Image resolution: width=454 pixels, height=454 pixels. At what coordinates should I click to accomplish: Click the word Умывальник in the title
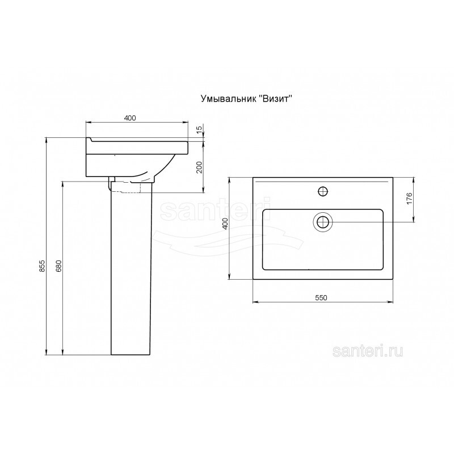pyautogui.click(x=228, y=99)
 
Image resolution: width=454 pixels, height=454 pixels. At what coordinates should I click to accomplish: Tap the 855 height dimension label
pyautogui.click(x=42, y=266)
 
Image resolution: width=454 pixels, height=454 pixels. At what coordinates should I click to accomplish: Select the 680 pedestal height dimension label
pyautogui.click(x=59, y=266)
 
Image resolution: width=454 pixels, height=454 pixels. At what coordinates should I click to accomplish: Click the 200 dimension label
pyautogui.click(x=199, y=167)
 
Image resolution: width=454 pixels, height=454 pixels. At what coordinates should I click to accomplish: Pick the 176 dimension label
pyautogui.click(x=409, y=198)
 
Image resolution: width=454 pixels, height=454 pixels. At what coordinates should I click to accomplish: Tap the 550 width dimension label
pyautogui.click(x=321, y=297)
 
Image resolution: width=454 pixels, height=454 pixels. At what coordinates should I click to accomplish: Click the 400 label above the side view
pyautogui.click(x=130, y=118)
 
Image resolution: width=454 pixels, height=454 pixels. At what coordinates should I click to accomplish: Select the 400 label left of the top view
pyautogui.click(x=225, y=224)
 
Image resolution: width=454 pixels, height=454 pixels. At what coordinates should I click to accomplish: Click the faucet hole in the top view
pyautogui.click(x=322, y=191)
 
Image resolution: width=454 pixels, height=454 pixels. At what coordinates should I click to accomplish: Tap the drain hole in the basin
pyautogui.click(x=322, y=222)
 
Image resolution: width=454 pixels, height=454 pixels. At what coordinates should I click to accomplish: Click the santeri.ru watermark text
pyautogui.click(x=368, y=352)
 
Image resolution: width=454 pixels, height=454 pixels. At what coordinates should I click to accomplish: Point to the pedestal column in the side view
pyautogui.click(x=132, y=268)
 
